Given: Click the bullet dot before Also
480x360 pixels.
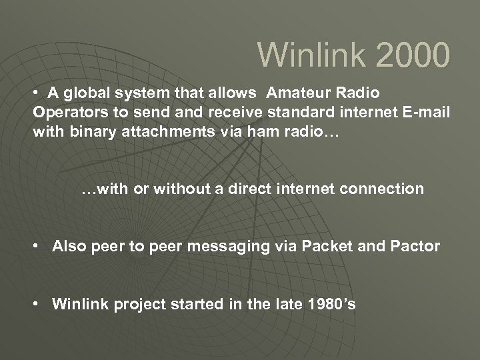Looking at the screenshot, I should tap(41, 247).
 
